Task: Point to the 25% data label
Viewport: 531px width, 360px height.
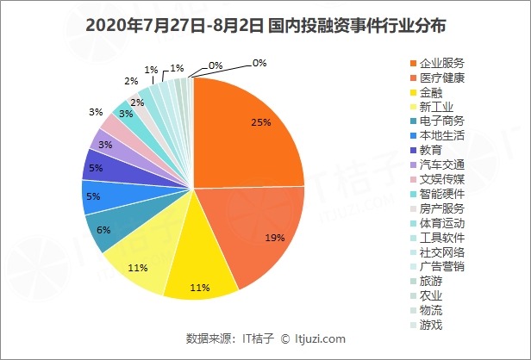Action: (x=261, y=122)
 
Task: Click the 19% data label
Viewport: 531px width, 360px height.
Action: (x=275, y=237)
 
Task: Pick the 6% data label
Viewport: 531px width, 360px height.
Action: (x=103, y=230)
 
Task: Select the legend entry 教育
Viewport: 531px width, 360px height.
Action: (x=431, y=150)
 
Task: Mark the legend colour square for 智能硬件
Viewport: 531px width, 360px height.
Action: (x=413, y=194)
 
